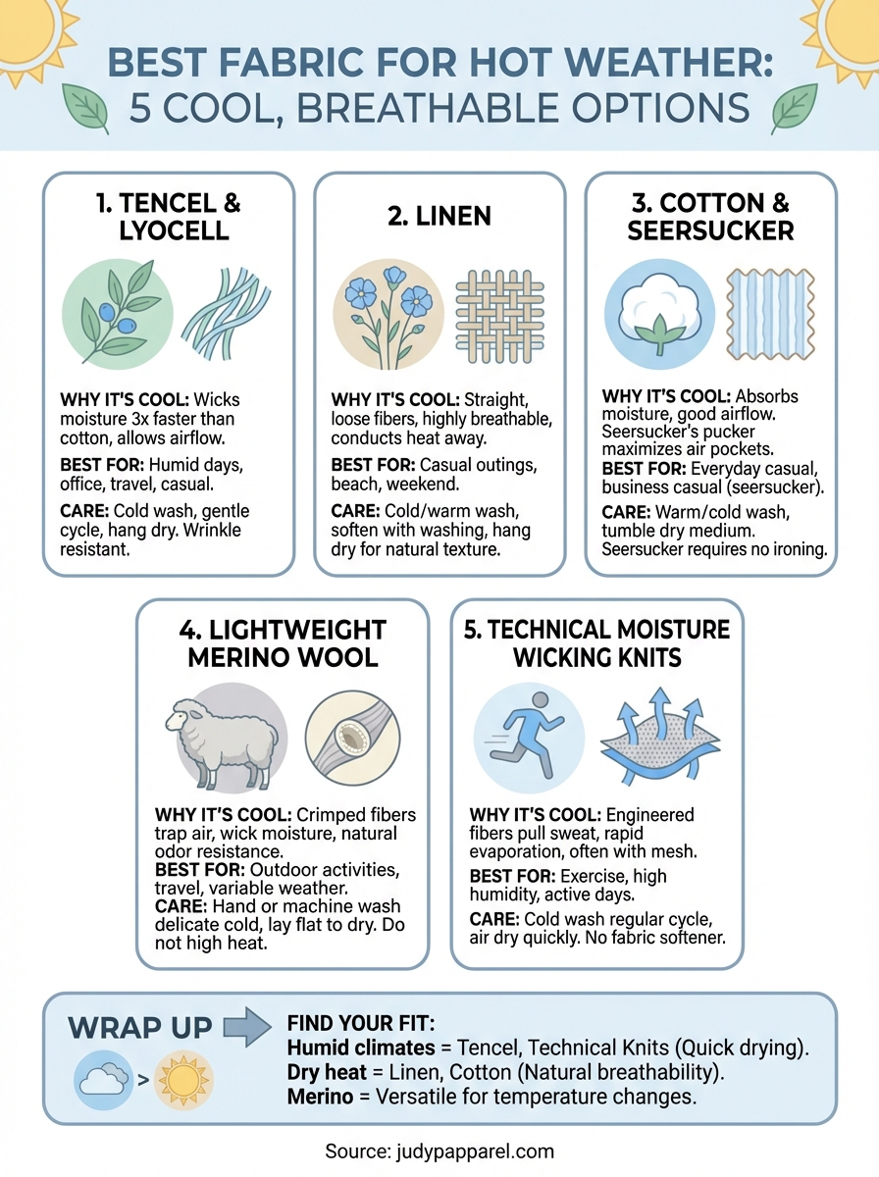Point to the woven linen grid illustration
coord(500,314)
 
